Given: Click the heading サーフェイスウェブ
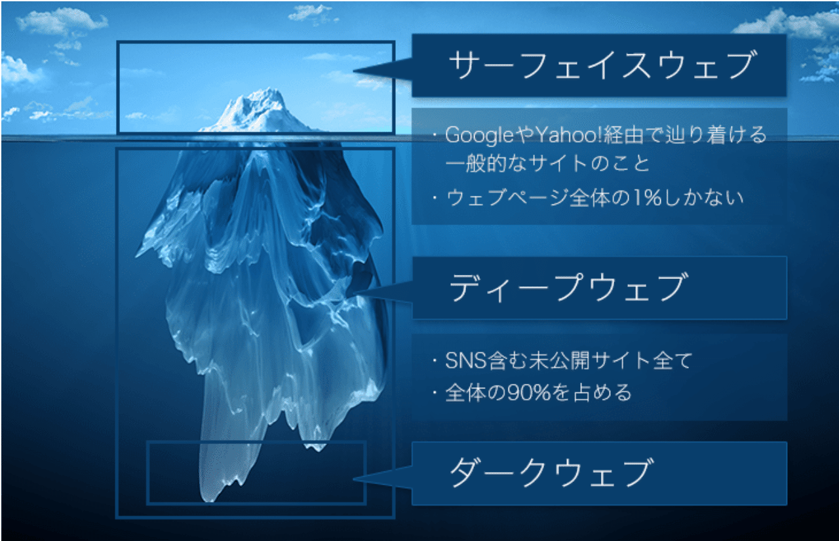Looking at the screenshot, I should [x=602, y=65].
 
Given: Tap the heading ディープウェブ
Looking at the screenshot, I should [x=568, y=288].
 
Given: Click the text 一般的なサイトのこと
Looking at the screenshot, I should [x=547, y=163].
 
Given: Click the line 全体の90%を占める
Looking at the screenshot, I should [x=538, y=393].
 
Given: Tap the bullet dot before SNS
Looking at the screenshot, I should [x=435, y=361].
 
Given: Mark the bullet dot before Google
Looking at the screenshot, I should [x=435, y=136].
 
